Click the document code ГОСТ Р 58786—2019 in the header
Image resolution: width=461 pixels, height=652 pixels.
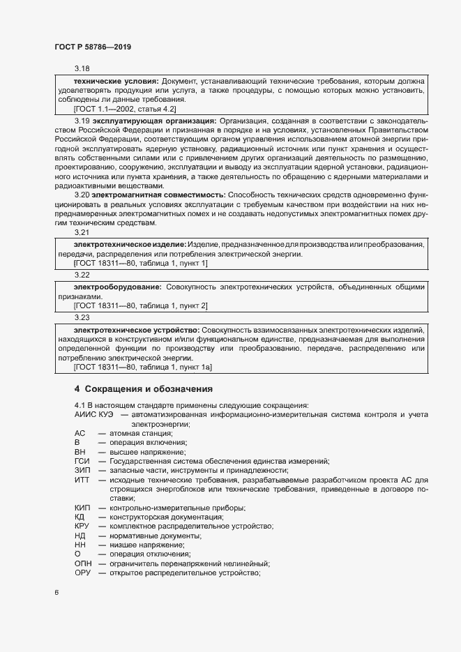pyautogui.click(x=92, y=47)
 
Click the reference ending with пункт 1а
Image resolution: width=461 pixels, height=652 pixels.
pyautogui.click(x=143, y=366)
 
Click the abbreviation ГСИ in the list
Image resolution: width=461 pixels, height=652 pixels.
pyautogui.click(x=82, y=462)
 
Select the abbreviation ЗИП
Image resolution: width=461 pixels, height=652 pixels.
pyautogui.click(x=82, y=471)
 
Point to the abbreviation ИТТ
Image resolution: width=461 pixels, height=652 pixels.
pyautogui.click(x=82, y=480)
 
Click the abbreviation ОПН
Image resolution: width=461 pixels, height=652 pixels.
pyautogui.click(x=83, y=563)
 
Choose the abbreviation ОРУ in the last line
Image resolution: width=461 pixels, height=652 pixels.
pyautogui.click(x=83, y=573)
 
